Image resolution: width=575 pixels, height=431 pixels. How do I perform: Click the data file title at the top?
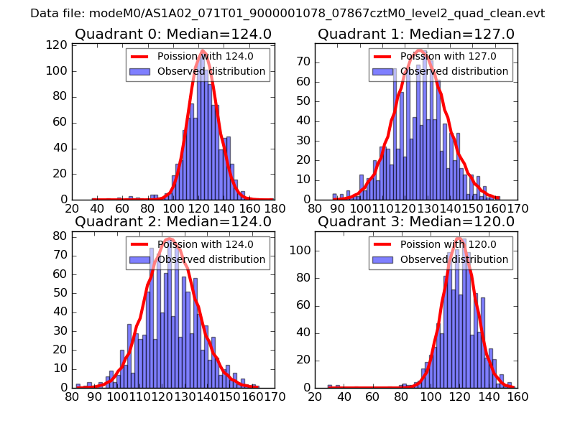coord(287,13)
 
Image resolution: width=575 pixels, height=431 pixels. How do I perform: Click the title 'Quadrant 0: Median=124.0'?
coord(172,34)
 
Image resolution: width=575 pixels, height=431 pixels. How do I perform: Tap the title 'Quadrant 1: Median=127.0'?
coord(416,34)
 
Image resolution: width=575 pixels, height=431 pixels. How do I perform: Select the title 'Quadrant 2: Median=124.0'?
coord(172,221)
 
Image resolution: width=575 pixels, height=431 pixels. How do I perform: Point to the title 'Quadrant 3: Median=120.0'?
coord(416,221)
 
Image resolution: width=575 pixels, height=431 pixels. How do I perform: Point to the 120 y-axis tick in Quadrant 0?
coord(58,45)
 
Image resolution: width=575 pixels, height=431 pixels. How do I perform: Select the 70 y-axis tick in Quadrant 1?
coord(307,62)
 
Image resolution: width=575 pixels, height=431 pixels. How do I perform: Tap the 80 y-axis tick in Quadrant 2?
coord(62,236)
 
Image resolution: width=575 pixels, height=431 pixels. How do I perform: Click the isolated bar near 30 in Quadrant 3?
coord(329,386)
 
